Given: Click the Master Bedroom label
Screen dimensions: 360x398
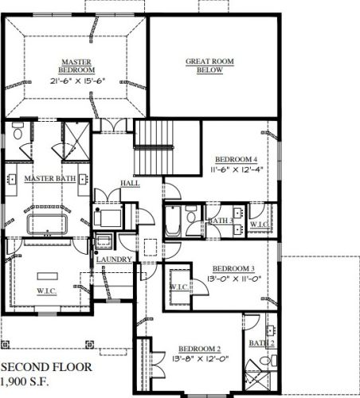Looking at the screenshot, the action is coord(76,66).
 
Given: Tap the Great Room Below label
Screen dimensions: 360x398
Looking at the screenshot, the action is coord(209,65).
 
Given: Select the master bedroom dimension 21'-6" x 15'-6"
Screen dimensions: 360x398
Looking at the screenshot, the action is coord(78,80).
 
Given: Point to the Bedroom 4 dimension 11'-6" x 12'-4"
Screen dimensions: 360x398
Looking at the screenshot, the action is coord(237,170).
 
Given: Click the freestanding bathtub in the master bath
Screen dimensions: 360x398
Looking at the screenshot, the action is coord(47,224).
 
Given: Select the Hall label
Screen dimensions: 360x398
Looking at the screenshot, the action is coord(130,183).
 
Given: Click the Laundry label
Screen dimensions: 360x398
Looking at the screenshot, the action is coord(114,259).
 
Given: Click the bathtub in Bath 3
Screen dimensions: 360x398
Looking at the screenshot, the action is coord(173,221).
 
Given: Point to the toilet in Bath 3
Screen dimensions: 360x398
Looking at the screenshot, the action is coord(191,216).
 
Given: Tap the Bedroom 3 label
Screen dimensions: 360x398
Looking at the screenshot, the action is coord(233,269).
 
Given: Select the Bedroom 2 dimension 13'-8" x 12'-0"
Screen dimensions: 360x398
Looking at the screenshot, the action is coord(201,359).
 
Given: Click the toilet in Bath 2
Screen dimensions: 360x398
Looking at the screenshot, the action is coord(268,361).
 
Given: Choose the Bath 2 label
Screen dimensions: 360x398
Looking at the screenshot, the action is coord(261,343).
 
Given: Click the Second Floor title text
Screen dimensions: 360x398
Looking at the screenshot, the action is coord(46,367).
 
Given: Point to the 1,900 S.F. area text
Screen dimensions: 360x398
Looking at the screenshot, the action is coord(25,381).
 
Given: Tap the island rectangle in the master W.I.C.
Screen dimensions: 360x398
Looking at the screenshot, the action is coord(48,276).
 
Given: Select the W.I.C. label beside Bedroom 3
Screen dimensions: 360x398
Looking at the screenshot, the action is coord(179,287).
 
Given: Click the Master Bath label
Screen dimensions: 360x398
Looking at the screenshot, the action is coord(50,178).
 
